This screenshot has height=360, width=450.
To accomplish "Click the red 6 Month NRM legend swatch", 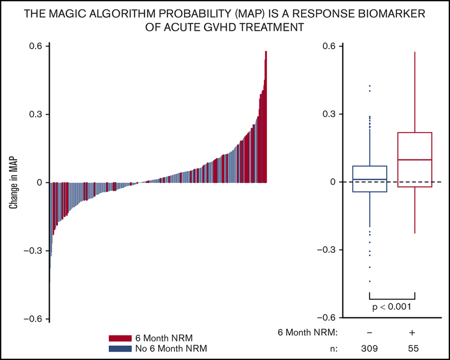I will (120, 338).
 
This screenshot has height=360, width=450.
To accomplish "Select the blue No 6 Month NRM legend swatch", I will (120, 349).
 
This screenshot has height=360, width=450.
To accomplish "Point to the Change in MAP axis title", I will (15, 182).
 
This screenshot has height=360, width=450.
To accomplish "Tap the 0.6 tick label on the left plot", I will (36, 46).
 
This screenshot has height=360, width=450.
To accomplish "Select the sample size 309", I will (369, 349).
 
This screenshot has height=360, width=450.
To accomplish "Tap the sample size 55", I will (412, 349).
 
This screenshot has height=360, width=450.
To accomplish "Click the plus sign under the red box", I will (412, 333).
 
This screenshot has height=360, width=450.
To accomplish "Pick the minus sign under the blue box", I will (369, 333).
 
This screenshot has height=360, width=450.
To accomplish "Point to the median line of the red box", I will (414, 160).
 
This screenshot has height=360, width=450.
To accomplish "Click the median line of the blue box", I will (370, 180).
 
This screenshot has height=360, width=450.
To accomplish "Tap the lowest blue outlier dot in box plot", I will (370, 281).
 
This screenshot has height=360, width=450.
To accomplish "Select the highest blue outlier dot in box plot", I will (370, 86).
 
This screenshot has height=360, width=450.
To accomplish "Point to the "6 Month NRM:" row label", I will (308, 333).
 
